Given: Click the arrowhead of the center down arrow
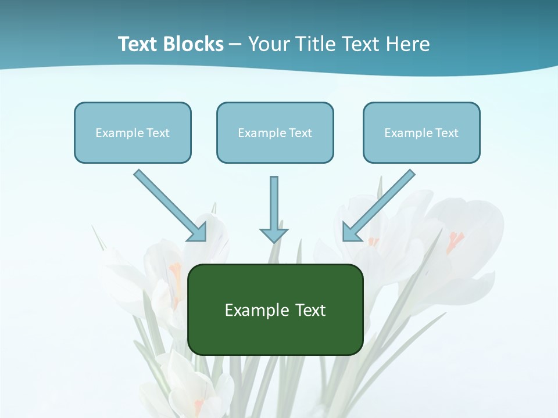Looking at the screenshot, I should click(274, 235).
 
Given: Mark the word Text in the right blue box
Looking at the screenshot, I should click(447, 133).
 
